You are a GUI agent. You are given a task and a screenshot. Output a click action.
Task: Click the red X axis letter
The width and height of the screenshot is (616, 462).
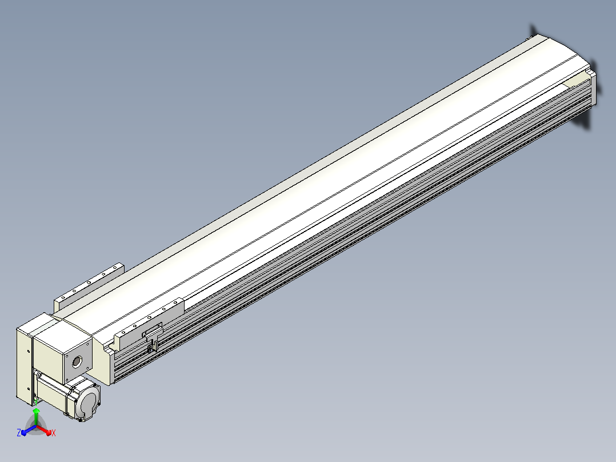[54, 433]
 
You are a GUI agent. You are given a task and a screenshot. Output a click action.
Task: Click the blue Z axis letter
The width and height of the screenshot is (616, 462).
[18, 432]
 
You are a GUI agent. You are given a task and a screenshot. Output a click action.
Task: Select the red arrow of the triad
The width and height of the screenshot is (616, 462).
[44, 430]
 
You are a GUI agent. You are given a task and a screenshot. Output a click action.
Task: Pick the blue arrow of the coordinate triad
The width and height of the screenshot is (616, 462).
[29, 430]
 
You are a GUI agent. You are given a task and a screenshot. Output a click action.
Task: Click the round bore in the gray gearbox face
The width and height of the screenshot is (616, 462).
[77, 361]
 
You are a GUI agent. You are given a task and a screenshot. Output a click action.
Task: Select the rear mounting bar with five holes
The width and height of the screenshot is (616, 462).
[89, 286]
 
